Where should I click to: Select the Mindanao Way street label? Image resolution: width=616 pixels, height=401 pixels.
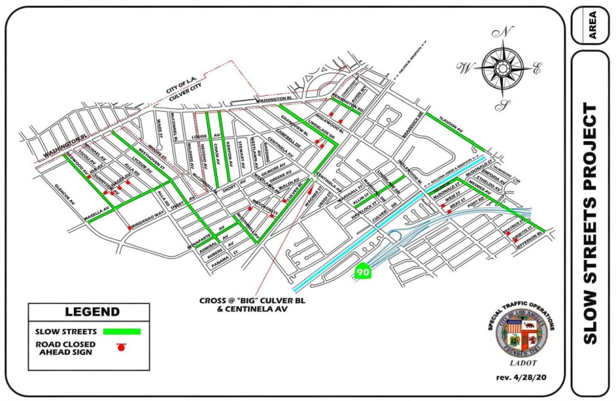(149, 219)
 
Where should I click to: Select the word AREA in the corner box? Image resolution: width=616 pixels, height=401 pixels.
(592, 25)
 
